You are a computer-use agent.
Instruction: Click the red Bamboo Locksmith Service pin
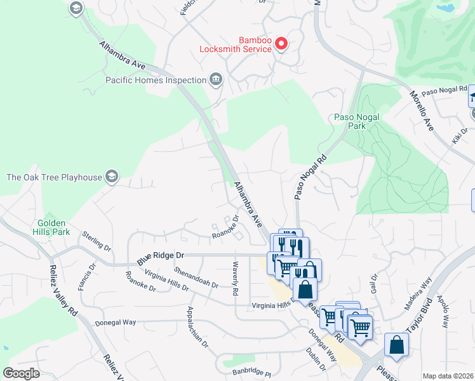pyautogui.click(x=281, y=44)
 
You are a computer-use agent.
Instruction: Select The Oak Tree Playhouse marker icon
pyautogui.click(x=112, y=177)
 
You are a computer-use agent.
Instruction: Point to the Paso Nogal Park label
pyautogui.click(x=350, y=121)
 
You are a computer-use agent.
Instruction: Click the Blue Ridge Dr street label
pyautogui.click(x=161, y=257)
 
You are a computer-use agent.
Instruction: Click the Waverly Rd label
pyautogui.click(x=235, y=279)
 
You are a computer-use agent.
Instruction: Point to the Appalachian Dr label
pyautogui.click(x=197, y=328)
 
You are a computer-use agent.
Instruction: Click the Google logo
pyautogui.click(x=22, y=373)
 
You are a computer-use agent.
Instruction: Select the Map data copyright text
pyautogui.click(x=448, y=376)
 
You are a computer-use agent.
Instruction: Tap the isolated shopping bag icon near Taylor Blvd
pyautogui.click(x=396, y=345)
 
